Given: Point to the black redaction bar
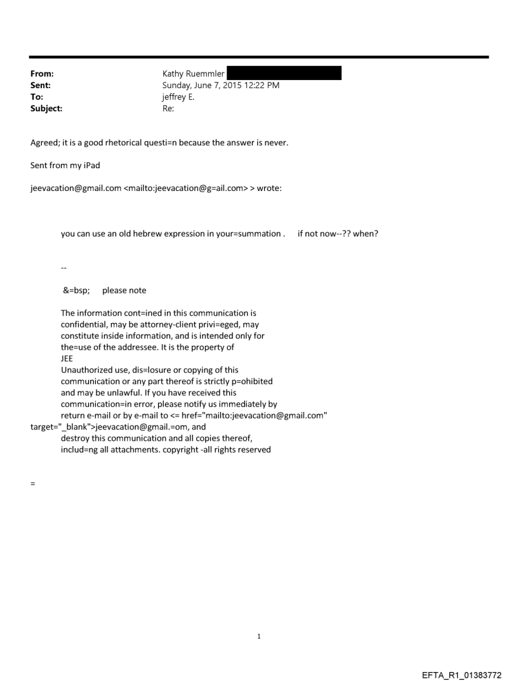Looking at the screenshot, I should point(284,73).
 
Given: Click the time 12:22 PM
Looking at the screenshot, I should point(260,85).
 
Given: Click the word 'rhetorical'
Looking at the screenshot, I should point(124,143).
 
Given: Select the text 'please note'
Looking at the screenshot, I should point(124,290).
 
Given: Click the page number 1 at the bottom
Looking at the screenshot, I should point(259,637).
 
